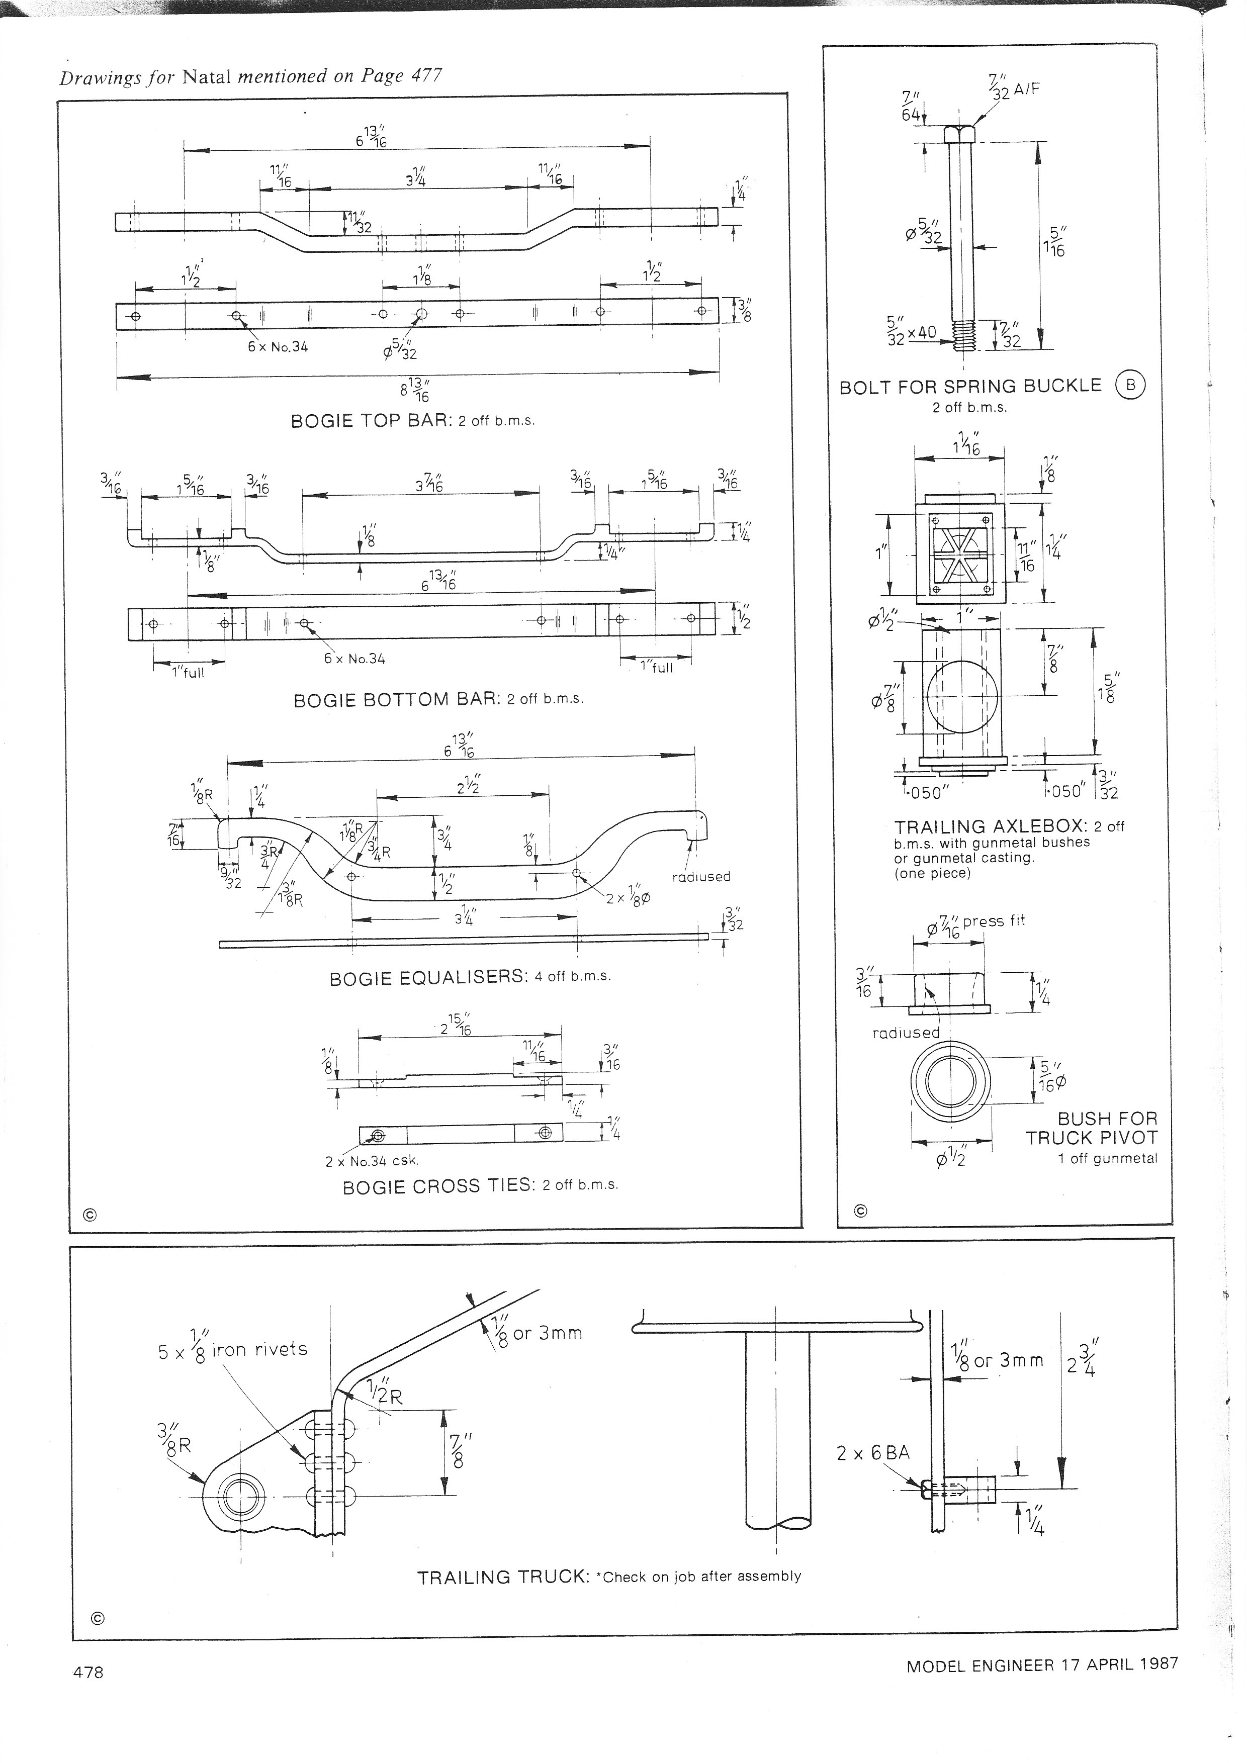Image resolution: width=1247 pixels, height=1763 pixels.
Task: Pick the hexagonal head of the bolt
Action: click(960, 134)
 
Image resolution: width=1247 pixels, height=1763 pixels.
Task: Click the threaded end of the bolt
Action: click(960, 335)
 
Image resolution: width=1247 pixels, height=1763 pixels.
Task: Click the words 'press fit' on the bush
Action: click(995, 920)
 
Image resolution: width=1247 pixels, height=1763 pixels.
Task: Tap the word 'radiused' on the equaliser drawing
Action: click(700, 876)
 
